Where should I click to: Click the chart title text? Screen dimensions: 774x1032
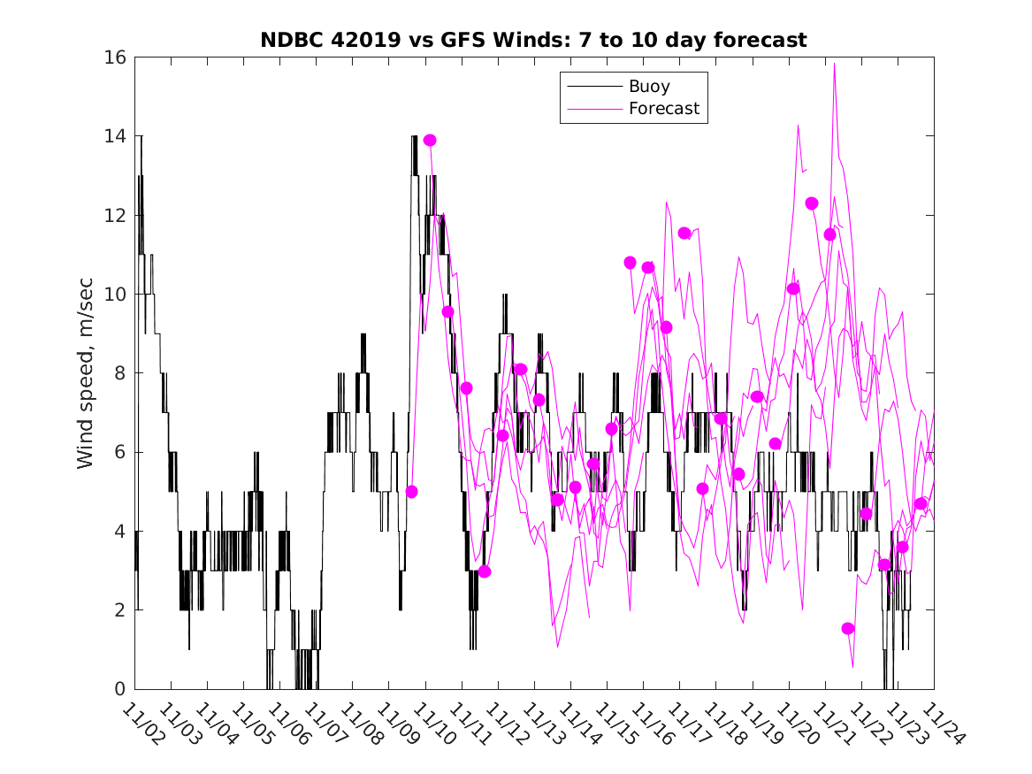coord(533,40)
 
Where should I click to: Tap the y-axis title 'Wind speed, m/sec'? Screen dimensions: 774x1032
coord(85,372)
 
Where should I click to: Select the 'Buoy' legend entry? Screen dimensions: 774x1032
coord(648,87)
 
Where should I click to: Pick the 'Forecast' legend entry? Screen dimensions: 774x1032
coord(663,109)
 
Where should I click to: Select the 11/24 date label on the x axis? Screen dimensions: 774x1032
coord(939,724)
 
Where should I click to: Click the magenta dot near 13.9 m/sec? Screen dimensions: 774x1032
coord(430,140)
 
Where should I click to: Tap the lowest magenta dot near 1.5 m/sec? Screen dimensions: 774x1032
coord(848,628)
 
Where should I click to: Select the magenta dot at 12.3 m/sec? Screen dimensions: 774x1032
coord(812,203)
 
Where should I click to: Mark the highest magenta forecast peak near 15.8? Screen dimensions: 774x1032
coord(834,64)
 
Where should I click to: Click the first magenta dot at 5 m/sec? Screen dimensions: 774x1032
coord(411,491)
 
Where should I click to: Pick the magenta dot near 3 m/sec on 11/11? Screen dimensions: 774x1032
coord(485,571)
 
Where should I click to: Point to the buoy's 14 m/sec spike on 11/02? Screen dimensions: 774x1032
coord(141,136)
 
